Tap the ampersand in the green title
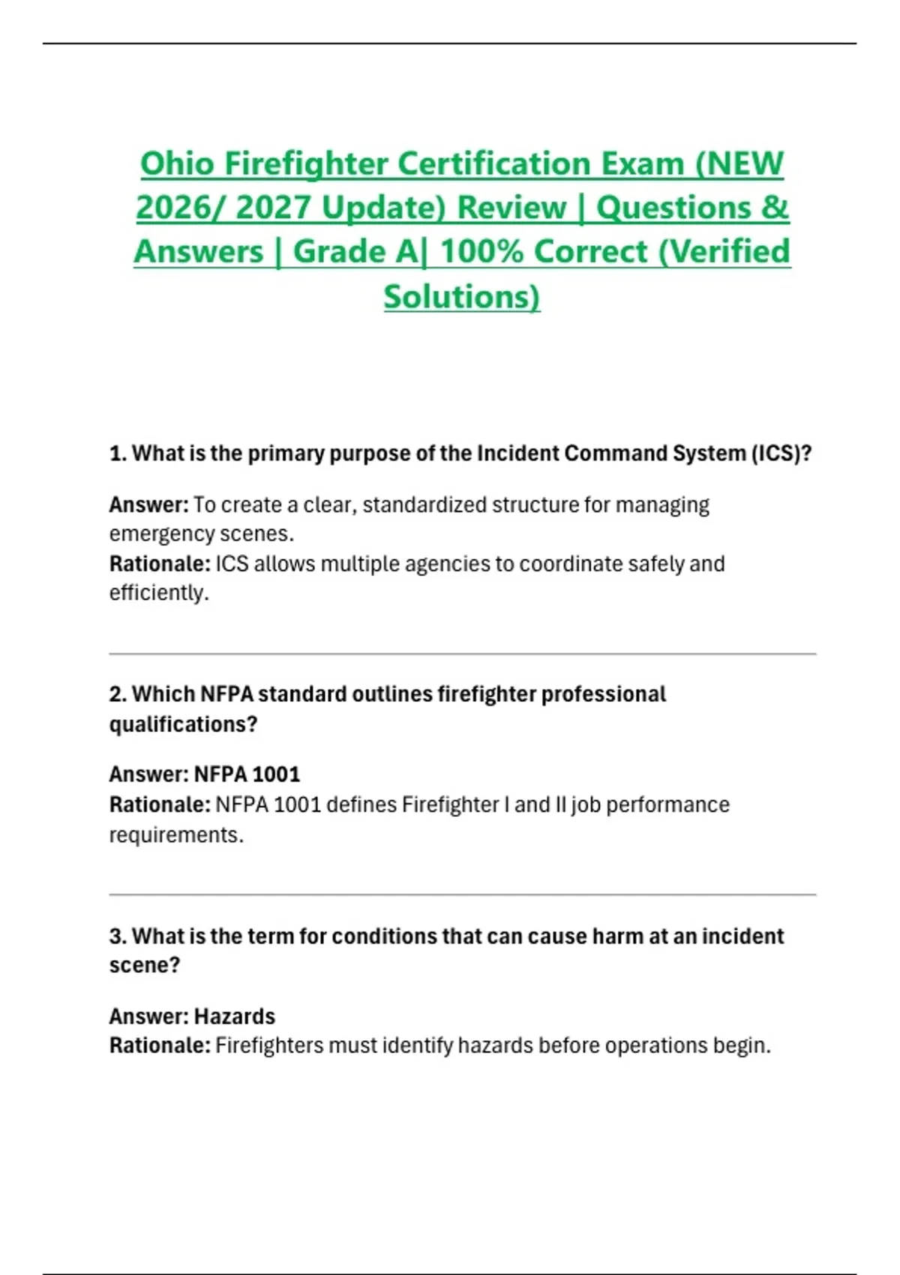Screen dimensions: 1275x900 tap(775, 208)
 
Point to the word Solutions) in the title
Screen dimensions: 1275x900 tap(461, 296)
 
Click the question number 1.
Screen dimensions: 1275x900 tap(117, 454)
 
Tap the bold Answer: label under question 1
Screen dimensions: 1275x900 tap(148, 505)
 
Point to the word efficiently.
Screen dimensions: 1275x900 tap(159, 593)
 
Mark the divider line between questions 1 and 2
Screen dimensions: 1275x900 tap(462, 654)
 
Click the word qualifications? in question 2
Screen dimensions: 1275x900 tap(183, 724)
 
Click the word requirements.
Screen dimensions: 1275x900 tap(176, 835)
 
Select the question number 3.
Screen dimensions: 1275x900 tap(117, 937)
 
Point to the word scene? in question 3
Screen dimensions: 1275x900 tap(145, 965)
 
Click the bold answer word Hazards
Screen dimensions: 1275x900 tap(235, 1016)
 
